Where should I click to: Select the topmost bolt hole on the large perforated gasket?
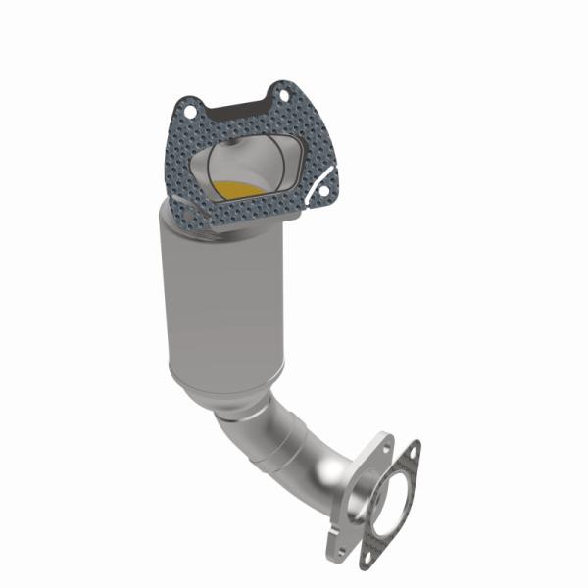[x=283, y=95]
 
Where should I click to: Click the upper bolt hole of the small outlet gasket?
[x=411, y=452]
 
